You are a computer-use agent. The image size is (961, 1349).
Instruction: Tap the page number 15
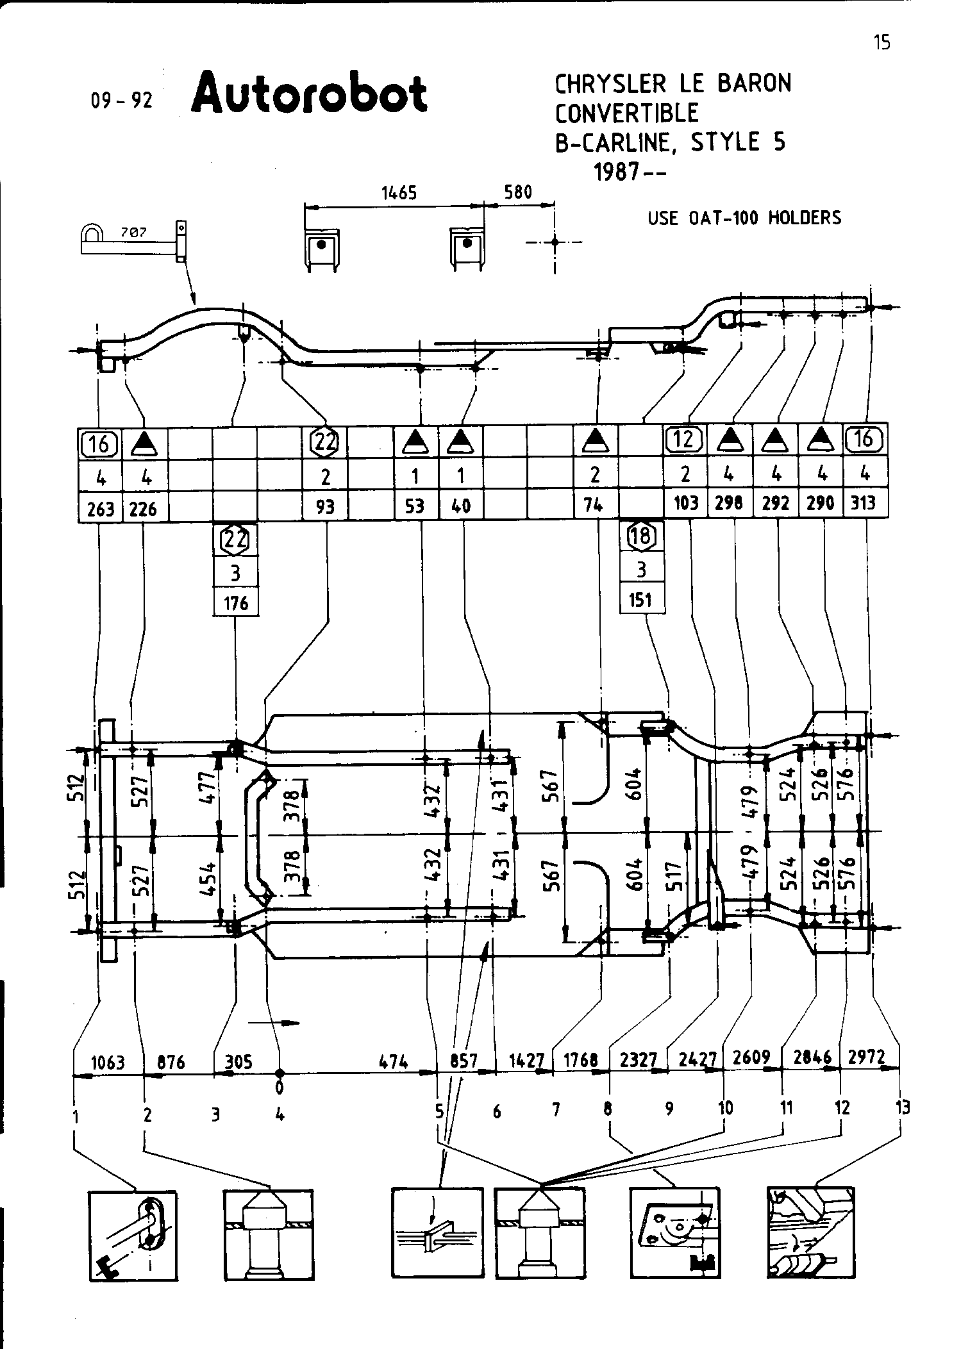click(x=882, y=43)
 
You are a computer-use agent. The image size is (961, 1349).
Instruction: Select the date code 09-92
click(x=122, y=101)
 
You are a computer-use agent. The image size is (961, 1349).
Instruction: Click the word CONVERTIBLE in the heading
click(x=626, y=113)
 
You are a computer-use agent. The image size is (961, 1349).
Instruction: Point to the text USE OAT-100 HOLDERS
click(x=744, y=218)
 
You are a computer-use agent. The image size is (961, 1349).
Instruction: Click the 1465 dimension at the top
click(x=399, y=192)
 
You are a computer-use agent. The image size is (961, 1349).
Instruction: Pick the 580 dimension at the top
click(x=518, y=192)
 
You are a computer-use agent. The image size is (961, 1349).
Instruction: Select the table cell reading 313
click(x=864, y=504)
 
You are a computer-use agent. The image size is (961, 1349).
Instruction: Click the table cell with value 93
click(x=326, y=506)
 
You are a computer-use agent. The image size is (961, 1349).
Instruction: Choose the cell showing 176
click(x=236, y=603)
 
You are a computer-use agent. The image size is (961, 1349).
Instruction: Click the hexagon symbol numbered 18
click(x=640, y=536)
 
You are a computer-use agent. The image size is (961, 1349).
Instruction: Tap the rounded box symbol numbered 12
click(x=685, y=439)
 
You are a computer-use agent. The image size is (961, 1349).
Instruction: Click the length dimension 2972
click(x=866, y=1056)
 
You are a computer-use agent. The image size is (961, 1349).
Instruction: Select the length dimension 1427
click(x=526, y=1061)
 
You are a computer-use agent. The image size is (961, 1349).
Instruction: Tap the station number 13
click(x=903, y=1107)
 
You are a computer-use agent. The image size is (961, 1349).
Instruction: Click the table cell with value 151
click(x=640, y=600)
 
